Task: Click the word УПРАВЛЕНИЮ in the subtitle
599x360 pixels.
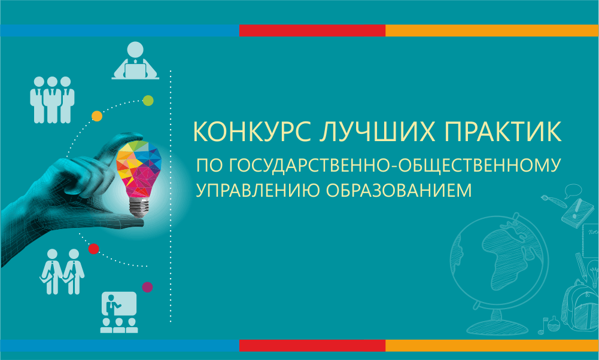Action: pyautogui.click(x=257, y=190)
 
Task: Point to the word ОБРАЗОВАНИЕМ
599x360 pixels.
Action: pyautogui.click(x=399, y=190)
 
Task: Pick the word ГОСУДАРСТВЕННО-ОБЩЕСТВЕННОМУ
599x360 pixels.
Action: pyautogui.click(x=395, y=165)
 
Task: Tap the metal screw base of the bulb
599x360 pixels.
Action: pyautogui.click(x=138, y=208)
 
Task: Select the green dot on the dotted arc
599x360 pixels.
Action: pyautogui.click(x=148, y=101)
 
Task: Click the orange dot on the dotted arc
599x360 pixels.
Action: pyautogui.click(x=97, y=116)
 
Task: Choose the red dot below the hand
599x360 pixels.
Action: pyautogui.click(x=93, y=249)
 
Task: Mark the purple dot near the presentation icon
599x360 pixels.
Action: pyautogui.click(x=147, y=287)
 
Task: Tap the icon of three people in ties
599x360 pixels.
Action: pyautogui.click(x=52, y=100)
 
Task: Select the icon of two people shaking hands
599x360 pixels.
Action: pyautogui.click(x=62, y=272)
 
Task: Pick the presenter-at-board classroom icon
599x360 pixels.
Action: pyautogui.click(x=119, y=312)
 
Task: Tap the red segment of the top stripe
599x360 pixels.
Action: pyautogui.click(x=312, y=30)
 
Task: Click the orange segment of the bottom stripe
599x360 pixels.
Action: pyautogui.click(x=492, y=346)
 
